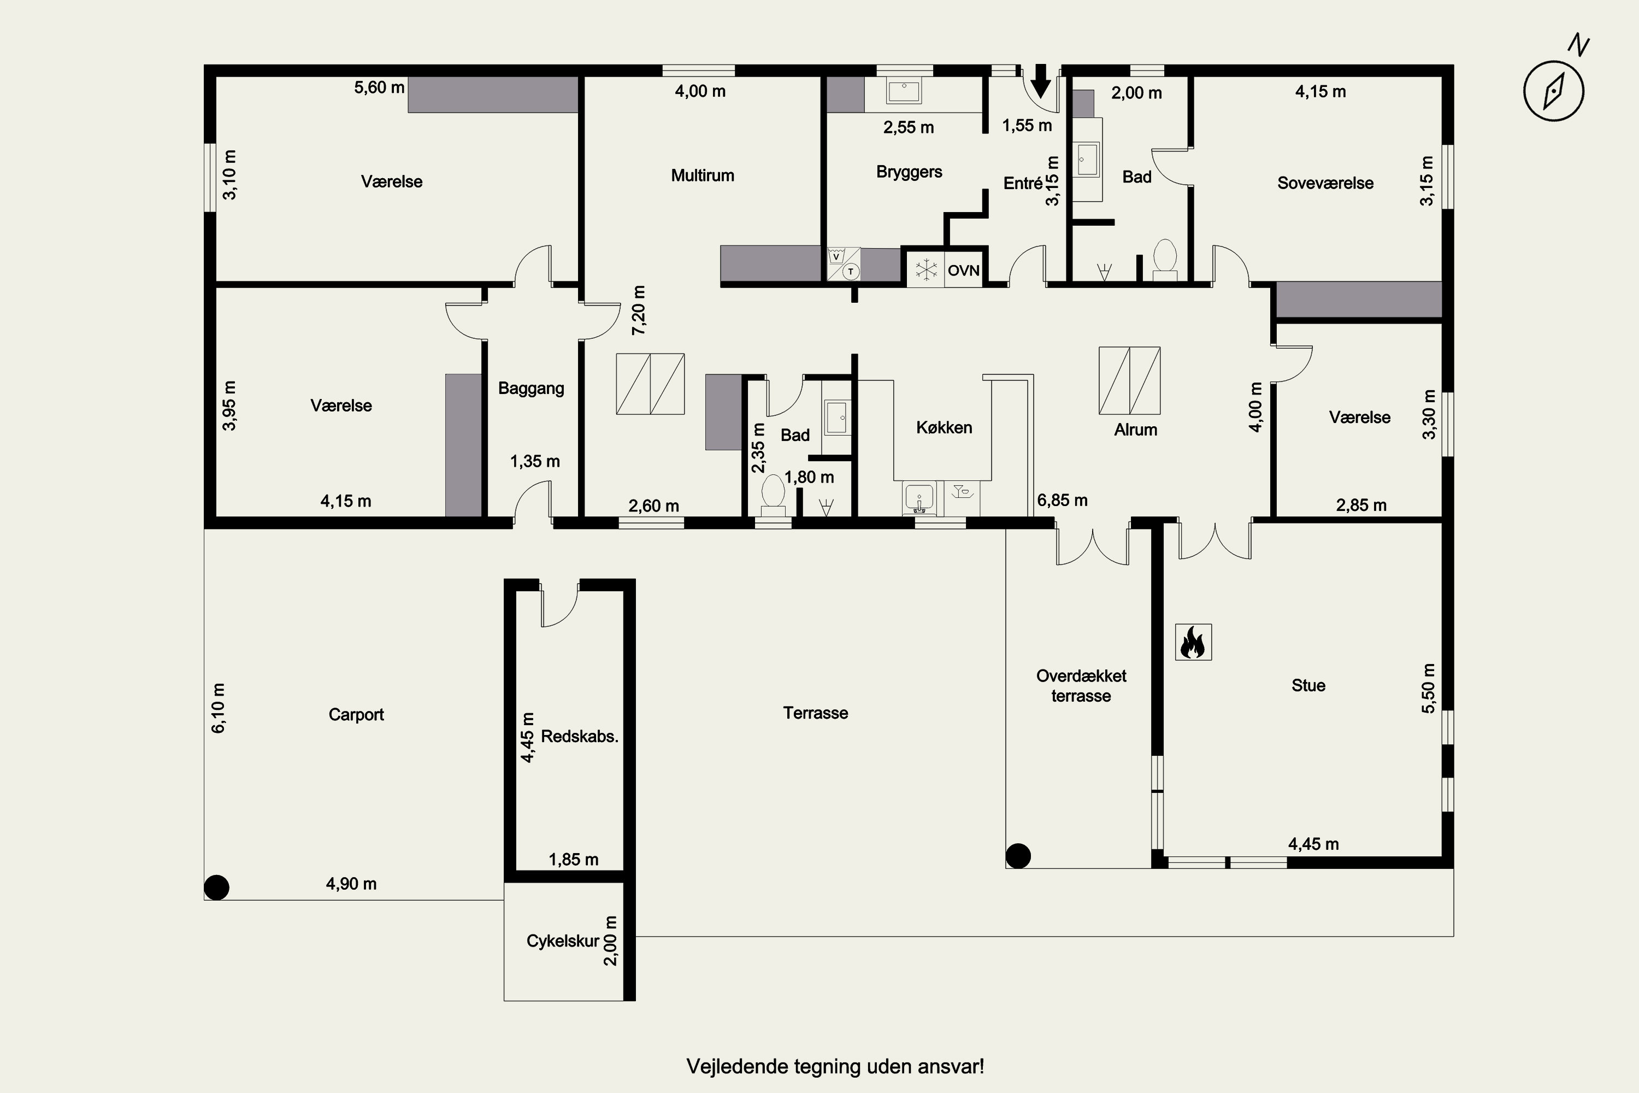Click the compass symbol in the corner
1554,90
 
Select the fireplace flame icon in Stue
1193,641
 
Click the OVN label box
964,271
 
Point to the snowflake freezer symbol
926,271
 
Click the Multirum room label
703,175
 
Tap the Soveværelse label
1325,183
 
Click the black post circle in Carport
217,888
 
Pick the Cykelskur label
562,941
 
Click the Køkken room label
944,427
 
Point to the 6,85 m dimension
1062,500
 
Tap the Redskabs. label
580,736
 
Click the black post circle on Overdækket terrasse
1018,855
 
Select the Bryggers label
910,172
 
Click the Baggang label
531,388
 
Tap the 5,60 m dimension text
379,87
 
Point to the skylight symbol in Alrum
1130,380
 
